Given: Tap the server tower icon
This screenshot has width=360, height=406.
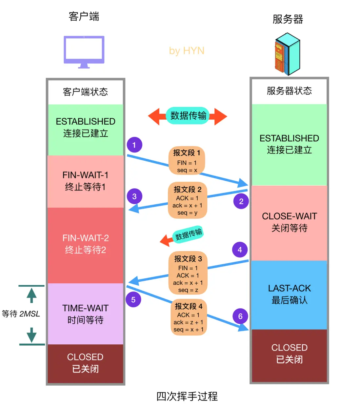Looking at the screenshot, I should point(287,54).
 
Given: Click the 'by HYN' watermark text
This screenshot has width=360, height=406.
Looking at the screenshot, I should point(187,51).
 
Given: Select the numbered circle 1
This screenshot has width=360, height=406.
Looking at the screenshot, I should point(134,145).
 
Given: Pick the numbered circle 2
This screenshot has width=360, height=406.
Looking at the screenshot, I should point(241,201).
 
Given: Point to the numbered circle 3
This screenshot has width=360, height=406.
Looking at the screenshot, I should point(134,196).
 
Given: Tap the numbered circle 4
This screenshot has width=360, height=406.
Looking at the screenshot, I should point(240,250).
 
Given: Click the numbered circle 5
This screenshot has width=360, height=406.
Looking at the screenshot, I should point(133,299).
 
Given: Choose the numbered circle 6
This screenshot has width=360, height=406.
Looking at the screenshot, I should point(240,316).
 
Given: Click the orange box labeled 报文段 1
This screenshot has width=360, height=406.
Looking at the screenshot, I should point(187,161).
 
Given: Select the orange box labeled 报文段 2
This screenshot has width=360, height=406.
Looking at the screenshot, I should point(187,200).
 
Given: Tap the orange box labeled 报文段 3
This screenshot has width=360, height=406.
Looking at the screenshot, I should point(188,273).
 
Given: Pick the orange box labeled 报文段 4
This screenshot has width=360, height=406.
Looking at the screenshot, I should point(188,317).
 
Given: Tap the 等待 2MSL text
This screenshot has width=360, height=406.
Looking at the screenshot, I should point(21,314).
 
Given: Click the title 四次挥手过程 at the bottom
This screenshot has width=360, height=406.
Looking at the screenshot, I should point(187,396).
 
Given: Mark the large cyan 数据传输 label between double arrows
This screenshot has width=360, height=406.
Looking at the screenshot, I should point(188,115).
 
